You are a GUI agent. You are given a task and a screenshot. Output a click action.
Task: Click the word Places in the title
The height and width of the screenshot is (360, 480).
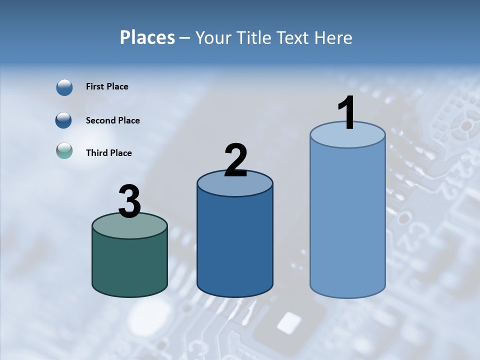pos(147,37)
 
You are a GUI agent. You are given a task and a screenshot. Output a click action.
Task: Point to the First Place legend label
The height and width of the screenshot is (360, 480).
pos(107,86)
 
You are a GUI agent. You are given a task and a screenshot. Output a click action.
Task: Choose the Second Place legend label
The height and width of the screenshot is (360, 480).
pos(112,120)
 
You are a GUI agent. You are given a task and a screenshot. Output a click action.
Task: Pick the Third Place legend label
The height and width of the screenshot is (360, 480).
pos(108,153)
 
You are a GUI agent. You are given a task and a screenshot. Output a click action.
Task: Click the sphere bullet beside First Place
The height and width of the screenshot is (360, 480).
pos(64,87)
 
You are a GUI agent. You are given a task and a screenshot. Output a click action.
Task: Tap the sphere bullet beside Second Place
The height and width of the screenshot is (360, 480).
pos(64,120)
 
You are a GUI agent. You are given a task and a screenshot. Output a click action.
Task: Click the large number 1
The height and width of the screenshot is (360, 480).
pos(347,113)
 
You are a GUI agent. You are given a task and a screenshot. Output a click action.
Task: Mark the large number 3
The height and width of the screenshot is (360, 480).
pos(129,201)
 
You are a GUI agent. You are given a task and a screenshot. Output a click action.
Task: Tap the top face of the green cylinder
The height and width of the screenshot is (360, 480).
pos(130,228)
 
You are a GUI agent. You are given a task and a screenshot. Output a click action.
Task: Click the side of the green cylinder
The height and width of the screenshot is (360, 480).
pos(130,265)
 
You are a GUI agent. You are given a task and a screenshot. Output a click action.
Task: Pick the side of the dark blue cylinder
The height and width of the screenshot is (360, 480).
pos(235,245)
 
